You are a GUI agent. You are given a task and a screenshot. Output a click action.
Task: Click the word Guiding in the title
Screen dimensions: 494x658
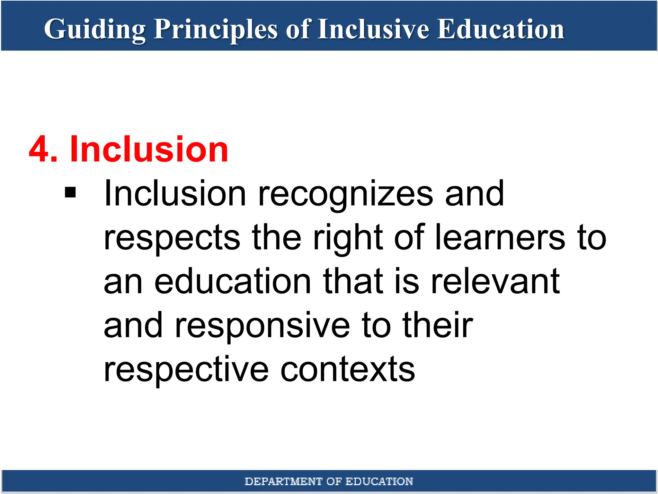click(95, 30)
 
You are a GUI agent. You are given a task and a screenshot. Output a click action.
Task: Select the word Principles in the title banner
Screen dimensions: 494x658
click(215, 30)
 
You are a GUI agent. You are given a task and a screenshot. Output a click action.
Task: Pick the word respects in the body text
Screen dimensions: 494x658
click(172, 238)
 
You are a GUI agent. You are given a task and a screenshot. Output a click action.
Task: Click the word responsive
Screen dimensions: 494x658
click(262, 325)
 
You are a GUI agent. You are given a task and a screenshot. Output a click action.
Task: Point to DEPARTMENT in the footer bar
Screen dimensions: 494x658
click(283, 481)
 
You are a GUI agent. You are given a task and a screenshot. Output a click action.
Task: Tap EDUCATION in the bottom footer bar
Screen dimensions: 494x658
click(379, 481)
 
